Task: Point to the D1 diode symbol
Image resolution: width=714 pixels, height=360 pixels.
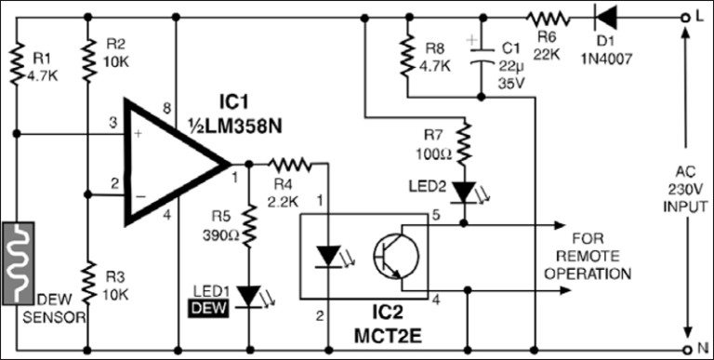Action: pyautogui.click(x=608, y=17)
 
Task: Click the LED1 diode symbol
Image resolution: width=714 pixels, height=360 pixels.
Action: pyautogui.click(x=248, y=296)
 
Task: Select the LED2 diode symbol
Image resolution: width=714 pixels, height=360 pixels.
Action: pyautogui.click(x=462, y=192)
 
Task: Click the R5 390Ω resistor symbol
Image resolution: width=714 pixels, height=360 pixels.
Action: pyautogui.click(x=249, y=223)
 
